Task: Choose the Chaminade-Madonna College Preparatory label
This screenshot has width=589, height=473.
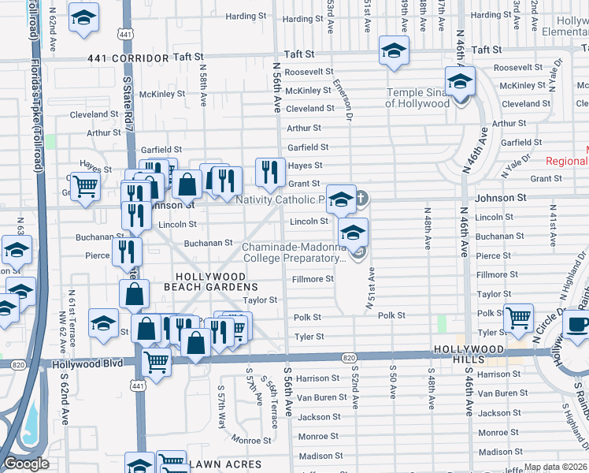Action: coord(294,252)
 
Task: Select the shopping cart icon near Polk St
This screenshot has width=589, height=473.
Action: coord(518,318)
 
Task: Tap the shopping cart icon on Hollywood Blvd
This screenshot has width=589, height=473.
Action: coord(157,362)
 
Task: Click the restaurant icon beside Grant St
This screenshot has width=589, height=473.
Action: coord(270,171)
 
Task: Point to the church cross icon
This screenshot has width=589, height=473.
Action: coord(361,198)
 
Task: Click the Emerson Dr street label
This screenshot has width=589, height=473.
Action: coord(340,95)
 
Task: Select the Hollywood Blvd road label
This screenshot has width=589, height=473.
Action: coord(88,364)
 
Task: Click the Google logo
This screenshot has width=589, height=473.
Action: coord(26,464)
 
